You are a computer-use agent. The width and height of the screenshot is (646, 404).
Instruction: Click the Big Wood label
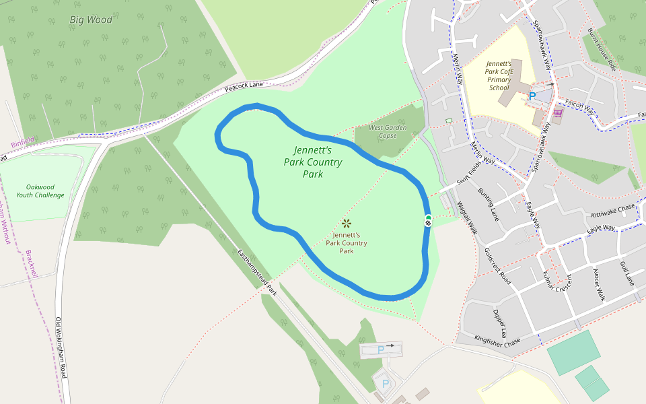[91, 20]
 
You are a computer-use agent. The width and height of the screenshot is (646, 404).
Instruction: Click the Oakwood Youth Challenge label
[45, 191]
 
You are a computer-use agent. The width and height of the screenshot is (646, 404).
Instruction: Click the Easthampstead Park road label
[257, 272]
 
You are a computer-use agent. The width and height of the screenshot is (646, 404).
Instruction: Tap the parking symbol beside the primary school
[532, 96]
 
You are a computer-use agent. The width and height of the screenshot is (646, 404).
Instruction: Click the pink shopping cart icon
[558, 112]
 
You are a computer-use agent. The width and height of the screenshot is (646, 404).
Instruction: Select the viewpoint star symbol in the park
[347, 223]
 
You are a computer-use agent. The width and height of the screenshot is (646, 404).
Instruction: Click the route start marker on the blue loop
[428, 220]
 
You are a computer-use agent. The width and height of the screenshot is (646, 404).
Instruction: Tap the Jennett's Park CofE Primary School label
[499, 75]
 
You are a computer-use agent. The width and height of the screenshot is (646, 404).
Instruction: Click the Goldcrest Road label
[497, 265]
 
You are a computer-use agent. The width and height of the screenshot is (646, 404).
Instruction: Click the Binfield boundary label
[22, 143]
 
